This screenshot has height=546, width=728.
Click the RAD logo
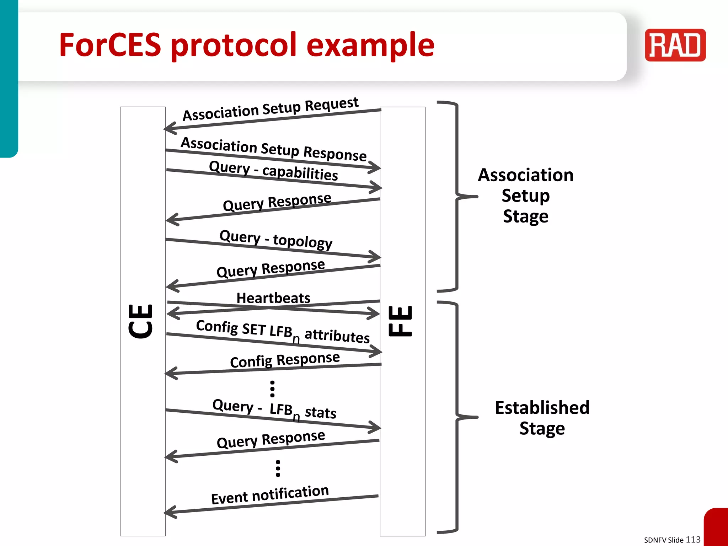(x=675, y=45)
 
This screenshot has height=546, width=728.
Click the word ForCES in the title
(x=110, y=45)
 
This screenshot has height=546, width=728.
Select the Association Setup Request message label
(x=271, y=109)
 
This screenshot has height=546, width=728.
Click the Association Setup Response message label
(x=274, y=149)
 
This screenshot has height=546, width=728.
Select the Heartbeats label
(x=273, y=298)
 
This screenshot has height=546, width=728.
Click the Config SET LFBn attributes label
(x=283, y=332)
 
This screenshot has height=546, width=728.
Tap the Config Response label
(x=285, y=360)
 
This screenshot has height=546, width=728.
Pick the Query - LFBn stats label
(x=274, y=409)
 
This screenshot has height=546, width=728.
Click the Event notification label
(x=270, y=494)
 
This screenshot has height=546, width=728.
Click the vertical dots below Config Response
(x=272, y=389)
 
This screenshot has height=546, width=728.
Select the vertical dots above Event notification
(x=278, y=468)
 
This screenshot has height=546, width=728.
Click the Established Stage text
(x=542, y=418)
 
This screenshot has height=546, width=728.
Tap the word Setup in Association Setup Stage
(x=525, y=196)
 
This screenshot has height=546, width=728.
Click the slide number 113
(x=693, y=539)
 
